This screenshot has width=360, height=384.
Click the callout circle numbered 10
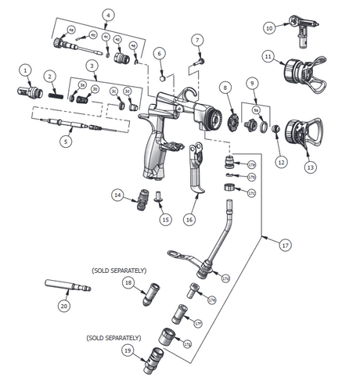pyautogui.click(x=269, y=28)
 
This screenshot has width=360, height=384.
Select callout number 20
pyautogui.click(x=63, y=307)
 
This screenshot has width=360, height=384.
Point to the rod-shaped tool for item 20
pyautogui.click(x=67, y=285)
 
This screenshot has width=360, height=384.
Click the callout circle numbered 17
pyautogui.click(x=284, y=246)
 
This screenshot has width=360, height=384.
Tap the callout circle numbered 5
pyautogui.click(x=66, y=142)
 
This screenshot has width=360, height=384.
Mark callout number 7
pyautogui.click(x=197, y=39)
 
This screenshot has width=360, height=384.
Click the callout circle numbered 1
pyautogui.click(x=26, y=70)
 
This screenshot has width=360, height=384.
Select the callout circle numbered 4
pyautogui.click(x=108, y=14)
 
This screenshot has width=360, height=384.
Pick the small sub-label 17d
pyautogui.click(x=225, y=278)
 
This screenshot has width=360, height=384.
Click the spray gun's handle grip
pyautogui.click(x=155, y=155)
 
